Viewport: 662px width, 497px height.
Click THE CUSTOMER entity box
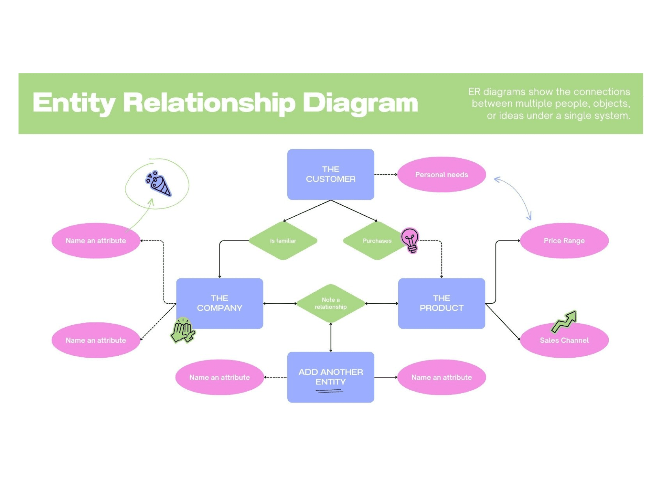click(x=330, y=174)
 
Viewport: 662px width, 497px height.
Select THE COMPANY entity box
click(x=219, y=303)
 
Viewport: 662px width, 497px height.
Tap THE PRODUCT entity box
click(x=441, y=303)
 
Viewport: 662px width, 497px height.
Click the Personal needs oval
click(x=441, y=175)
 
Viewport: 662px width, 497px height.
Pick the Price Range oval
click(x=564, y=241)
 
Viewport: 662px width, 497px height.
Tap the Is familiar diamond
click(x=283, y=241)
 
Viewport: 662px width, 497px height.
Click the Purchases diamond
click(x=375, y=241)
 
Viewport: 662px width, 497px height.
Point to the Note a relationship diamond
click(x=330, y=303)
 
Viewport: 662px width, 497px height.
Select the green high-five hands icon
click(x=182, y=330)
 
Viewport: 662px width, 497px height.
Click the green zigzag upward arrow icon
click(x=564, y=321)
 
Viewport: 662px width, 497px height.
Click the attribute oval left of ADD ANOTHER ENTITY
click(x=219, y=377)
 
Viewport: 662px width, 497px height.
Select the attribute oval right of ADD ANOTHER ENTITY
click(x=441, y=377)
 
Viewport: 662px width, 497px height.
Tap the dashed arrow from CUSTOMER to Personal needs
click(x=386, y=175)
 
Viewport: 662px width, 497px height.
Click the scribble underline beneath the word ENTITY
click(x=329, y=391)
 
